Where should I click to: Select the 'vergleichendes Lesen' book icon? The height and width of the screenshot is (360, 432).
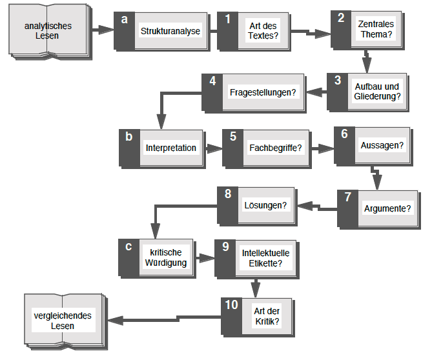click(x=62, y=321)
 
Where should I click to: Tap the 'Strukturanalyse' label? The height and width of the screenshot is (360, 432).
click(x=170, y=30)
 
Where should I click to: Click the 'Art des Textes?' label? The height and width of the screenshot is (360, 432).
click(x=263, y=30)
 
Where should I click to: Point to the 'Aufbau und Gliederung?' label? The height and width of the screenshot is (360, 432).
click(x=378, y=92)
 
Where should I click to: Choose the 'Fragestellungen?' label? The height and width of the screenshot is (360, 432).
click(x=263, y=92)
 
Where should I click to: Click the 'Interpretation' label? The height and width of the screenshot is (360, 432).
click(x=170, y=148)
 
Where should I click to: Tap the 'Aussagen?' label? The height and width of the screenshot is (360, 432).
click(x=382, y=145)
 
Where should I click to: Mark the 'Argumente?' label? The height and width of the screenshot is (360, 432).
click(x=387, y=208)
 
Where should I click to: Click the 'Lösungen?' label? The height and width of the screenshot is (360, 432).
click(x=265, y=205)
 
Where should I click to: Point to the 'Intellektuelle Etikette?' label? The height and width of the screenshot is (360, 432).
click(x=265, y=258)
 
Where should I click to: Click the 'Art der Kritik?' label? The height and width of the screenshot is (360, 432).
click(x=267, y=315)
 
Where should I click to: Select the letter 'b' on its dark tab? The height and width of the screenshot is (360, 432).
click(x=129, y=136)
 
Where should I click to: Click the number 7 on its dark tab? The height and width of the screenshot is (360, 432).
click(x=347, y=197)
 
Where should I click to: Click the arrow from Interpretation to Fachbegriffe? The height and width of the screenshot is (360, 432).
click(x=213, y=148)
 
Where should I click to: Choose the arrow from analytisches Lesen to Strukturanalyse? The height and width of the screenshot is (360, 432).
click(x=102, y=29)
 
